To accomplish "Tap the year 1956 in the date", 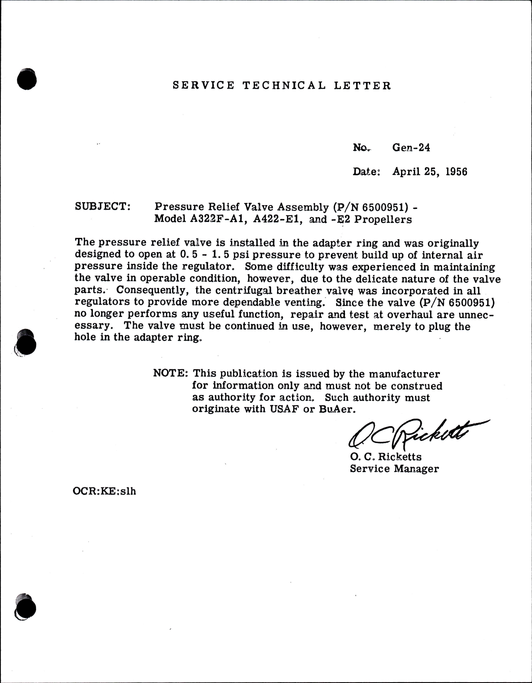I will tap(456, 172).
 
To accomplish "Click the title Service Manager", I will tap(394, 469).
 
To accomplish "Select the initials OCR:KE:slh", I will tap(104, 491).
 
